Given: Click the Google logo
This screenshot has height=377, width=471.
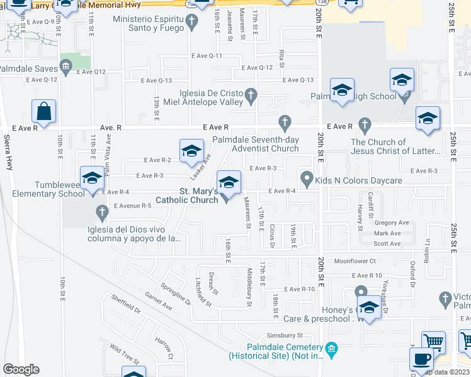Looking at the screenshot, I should tap(21, 369).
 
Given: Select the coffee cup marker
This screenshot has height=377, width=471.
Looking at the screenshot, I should tap(421, 359).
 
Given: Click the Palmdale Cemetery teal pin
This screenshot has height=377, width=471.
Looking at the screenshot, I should tap(332, 347).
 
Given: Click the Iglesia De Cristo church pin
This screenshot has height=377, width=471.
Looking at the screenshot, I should tap(251, 96).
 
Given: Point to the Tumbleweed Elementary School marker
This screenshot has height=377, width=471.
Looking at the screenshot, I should tap(92, 178).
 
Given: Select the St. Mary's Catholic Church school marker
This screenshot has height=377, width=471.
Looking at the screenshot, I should tap(229, 182).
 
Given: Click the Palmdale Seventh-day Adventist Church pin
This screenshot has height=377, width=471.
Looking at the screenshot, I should tap(285, 121).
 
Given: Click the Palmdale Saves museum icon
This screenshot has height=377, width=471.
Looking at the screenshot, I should tap(65, 67).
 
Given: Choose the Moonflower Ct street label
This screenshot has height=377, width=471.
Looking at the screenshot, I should tap(355, 261).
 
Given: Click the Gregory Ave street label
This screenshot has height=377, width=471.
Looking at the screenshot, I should tap(391, 222).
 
